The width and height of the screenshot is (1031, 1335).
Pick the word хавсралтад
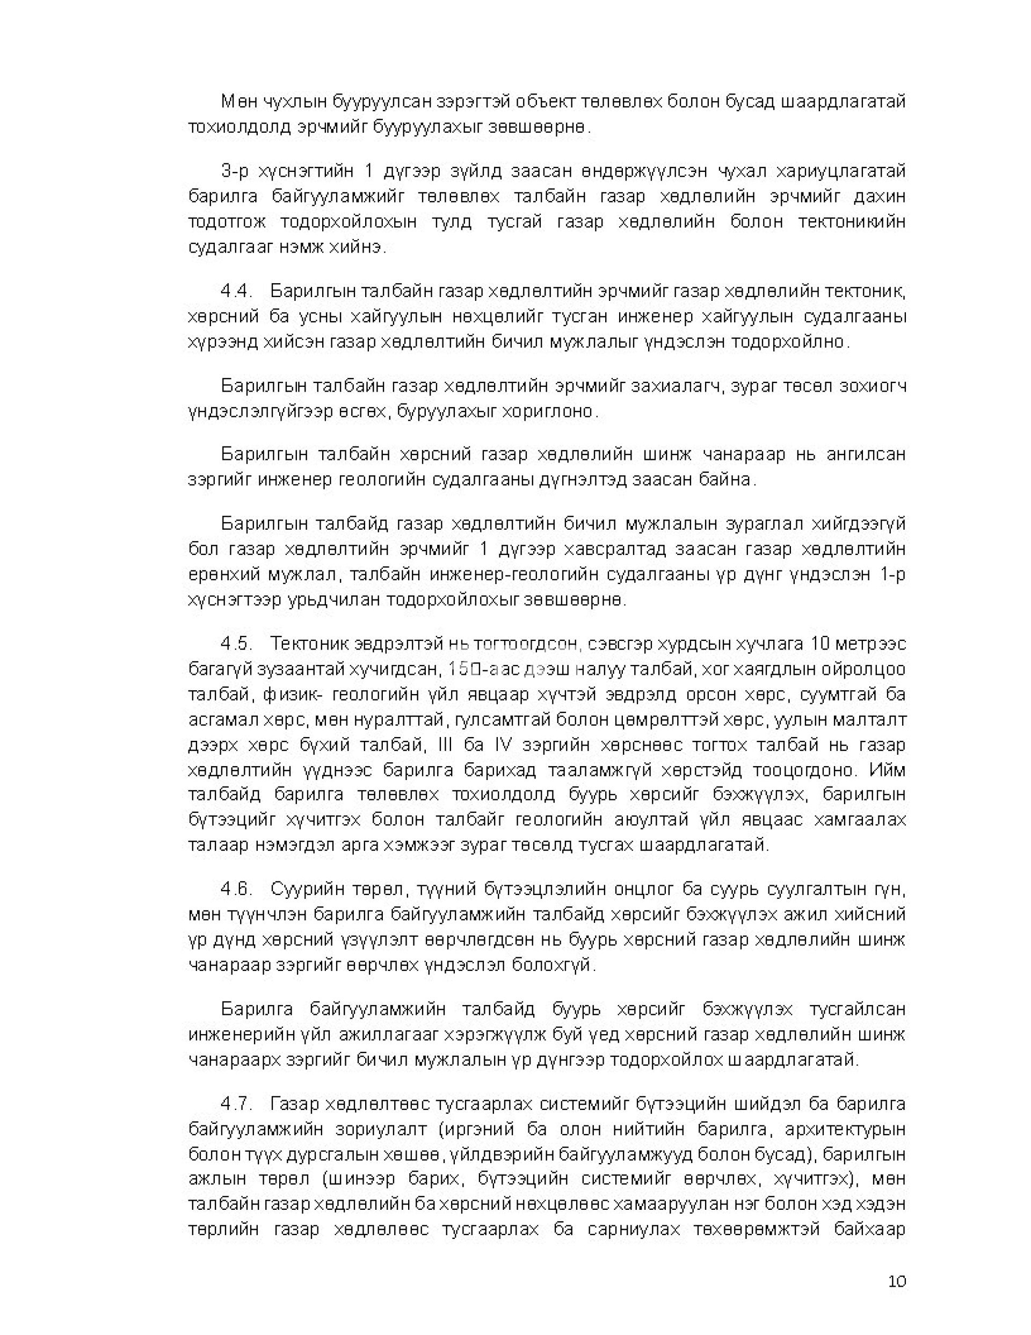tap(615, 550)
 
